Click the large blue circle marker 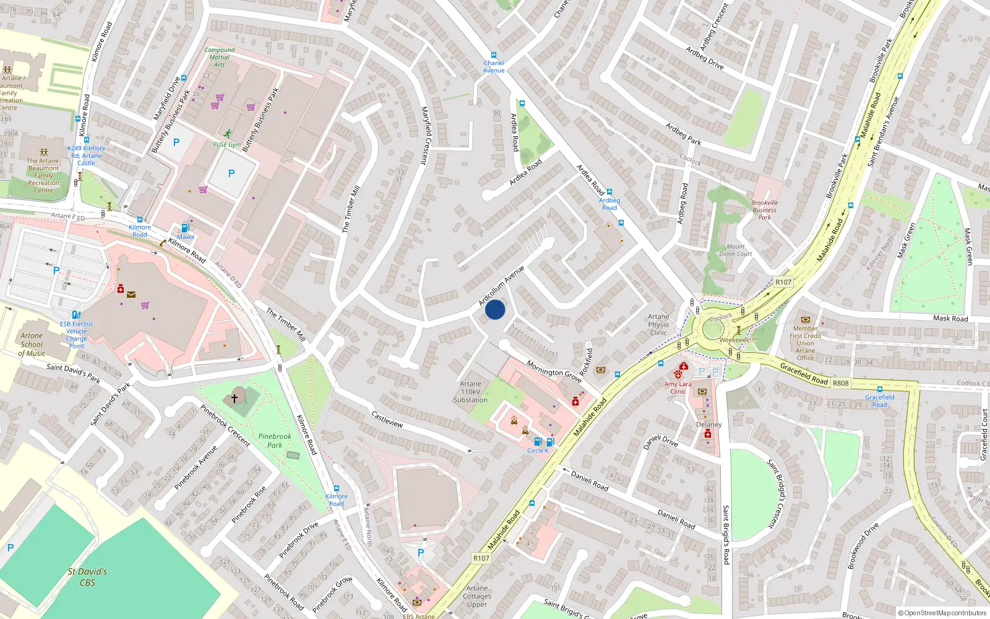[495, 309]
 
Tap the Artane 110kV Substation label [470, 392]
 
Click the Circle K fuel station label [538, 451]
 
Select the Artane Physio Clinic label [658, 324]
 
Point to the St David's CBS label [87, 577]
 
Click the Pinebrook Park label [274, 441]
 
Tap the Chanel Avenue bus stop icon [493, 55]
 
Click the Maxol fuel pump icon [184, 228]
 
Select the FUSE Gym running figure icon [228, 134]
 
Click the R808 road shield [840, 383]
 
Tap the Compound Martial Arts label [219, 57]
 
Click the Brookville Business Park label [765, 210]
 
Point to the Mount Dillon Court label [736, 250]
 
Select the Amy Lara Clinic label [678, 387]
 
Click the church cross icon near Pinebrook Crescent [235, 398]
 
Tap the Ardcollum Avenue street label [501, 285]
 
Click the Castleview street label [387, 419]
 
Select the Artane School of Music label [32, 345]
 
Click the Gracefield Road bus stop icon [879, 389]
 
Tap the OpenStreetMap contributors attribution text [942, 613]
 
